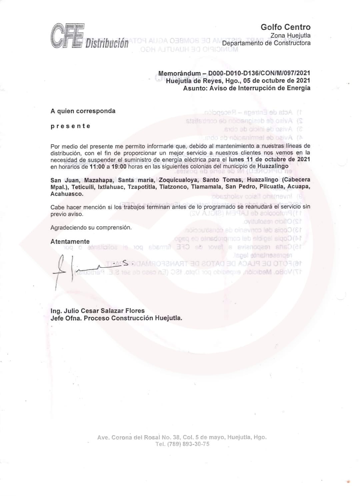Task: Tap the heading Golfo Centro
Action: [x=285, y=27]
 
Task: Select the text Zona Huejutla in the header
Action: [x=290, y=36]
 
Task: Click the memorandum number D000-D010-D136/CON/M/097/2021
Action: [x=259, y=73]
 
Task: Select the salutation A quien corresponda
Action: [x=83, y=111]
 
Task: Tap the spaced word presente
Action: [x=70, y=126]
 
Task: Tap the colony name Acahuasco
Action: [x=67, y=194]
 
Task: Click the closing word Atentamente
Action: [x=70, y=241]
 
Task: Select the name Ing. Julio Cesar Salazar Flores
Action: [x=97, y=311]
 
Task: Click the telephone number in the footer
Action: [x=182, y=444]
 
